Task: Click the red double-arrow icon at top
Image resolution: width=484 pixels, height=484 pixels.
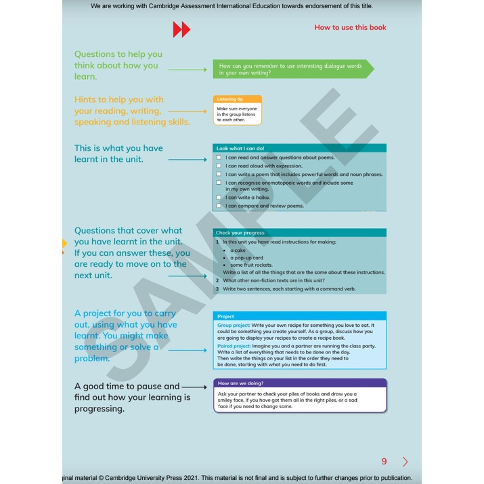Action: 181,30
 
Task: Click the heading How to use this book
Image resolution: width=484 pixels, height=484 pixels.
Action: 350,28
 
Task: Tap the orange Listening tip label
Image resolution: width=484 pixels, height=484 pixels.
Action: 230,99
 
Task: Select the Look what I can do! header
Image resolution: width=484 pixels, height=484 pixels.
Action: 240,148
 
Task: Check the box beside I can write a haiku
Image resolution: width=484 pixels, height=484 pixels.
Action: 219,198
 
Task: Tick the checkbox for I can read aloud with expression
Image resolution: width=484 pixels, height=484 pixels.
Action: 219,166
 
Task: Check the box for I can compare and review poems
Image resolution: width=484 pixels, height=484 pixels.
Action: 219,206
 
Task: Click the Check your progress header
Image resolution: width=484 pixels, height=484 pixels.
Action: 240,233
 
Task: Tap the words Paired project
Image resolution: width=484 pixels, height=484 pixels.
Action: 234,346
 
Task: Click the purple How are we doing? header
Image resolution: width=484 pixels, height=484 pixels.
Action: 299,383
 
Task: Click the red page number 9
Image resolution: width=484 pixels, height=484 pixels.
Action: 384,462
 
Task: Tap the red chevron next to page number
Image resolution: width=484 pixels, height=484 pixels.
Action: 405,462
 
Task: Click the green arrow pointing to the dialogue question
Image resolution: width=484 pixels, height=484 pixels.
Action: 188,69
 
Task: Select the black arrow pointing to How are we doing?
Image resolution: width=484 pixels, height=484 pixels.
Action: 194,387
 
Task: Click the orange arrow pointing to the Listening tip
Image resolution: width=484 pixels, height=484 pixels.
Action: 188,110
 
